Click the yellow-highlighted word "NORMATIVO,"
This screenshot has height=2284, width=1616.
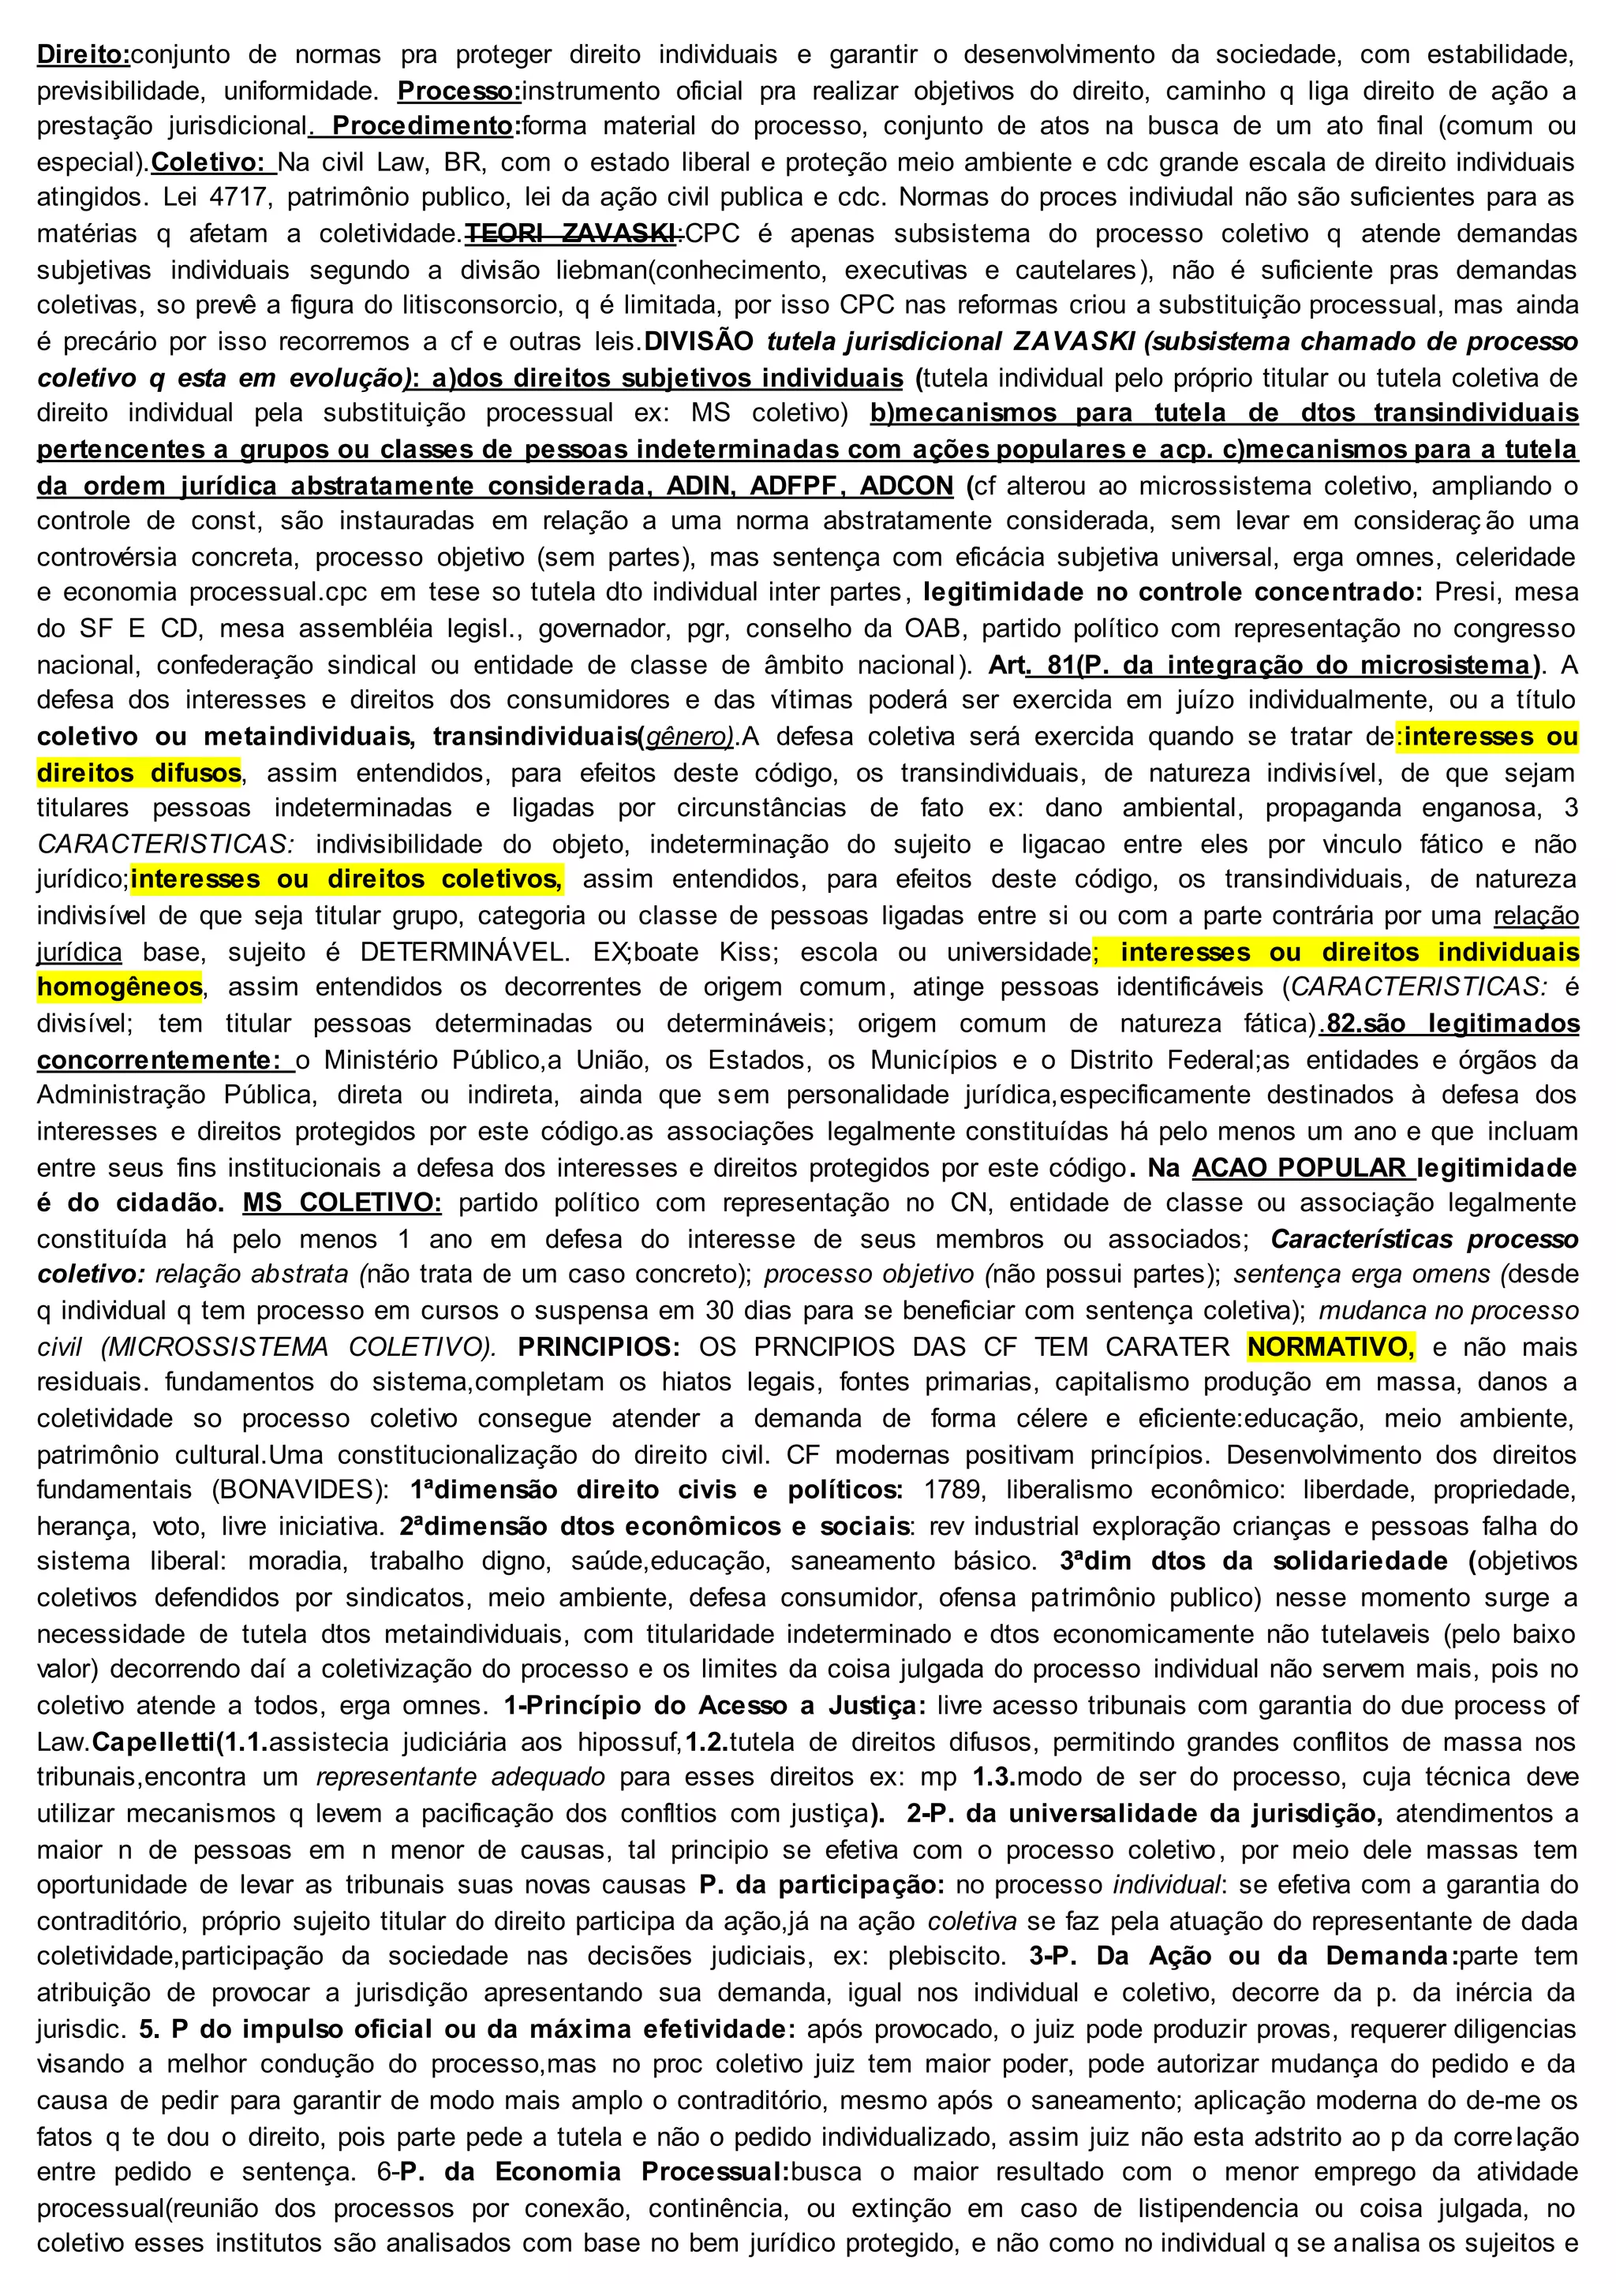[1330, 1347]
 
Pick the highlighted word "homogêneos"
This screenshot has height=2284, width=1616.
[119, 987]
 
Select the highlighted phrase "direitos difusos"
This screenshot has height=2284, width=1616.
[140, 773]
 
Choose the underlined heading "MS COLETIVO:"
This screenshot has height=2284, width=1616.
[342, 1204]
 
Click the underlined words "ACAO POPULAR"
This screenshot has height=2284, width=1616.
[1300, 1168]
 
